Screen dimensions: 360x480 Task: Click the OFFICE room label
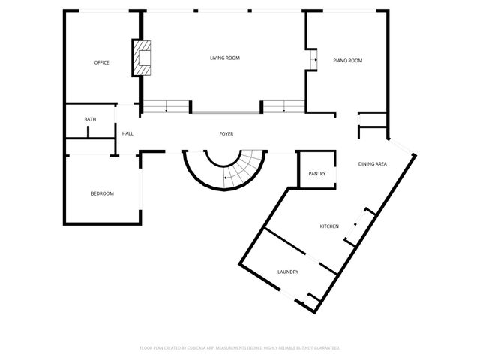pyautogui.click(x=101, y=62)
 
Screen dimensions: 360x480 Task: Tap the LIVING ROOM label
pyautogui.click(x=224, y=58)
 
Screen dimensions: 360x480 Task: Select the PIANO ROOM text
pyautogui.click(x=347, y=60)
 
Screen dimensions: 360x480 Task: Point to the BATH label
pyautogui.click(x=90, y=120)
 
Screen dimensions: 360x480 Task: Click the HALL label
pyautogui.click(x=127, y=133)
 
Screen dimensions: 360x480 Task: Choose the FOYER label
pyautogui.click(x=226, y=134)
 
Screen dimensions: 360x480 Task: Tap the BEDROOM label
pyautogui.click(x=102, y=193)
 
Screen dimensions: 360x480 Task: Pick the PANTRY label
pyautogui.click(x=316, y=174)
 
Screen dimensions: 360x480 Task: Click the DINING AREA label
pyautogui.click(x=372, y=163)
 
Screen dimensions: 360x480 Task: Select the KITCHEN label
pyautogui.click(x=329, y=226)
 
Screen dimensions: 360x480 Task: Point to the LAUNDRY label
pyautogui.click(x=288, y=271)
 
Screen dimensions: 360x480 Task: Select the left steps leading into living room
pyautogui.click(x=166, y=106)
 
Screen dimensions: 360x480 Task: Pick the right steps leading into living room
pyautogui.click(x=283, y=106)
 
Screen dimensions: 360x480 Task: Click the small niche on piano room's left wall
pyautogui.click(x=313, y=60)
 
